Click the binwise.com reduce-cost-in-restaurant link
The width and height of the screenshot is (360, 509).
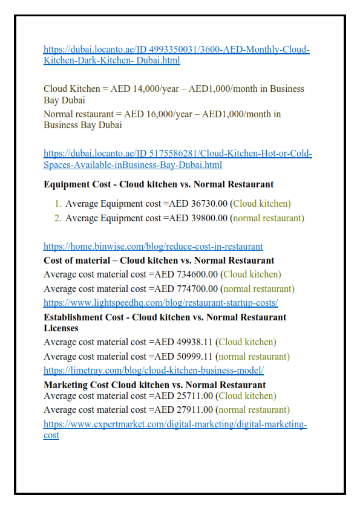[x=153, y=247]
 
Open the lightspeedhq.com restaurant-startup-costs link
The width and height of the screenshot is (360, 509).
[x=160, y=303]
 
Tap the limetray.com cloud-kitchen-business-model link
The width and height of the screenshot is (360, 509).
[x=153, y=371]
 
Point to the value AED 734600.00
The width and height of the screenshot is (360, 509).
[x=186, y=274]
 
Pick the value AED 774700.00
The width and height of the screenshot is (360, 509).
[x=186, y=289]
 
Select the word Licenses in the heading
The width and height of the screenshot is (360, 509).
[x=61, y=328]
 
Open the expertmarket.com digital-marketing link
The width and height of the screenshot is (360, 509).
[x=175, y=424]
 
